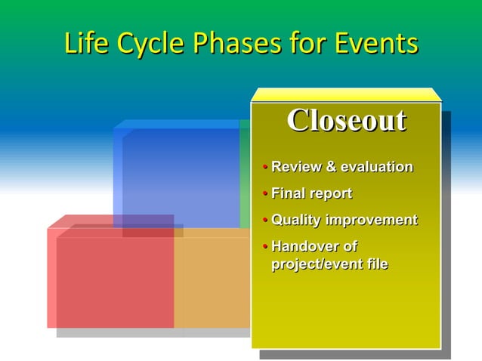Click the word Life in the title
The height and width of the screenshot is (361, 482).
85,43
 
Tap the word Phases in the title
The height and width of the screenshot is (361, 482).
228,43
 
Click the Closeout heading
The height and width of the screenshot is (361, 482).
346,120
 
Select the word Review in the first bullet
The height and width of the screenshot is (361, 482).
296,166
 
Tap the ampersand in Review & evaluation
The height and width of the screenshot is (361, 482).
330,166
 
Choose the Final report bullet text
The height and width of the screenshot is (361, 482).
311,193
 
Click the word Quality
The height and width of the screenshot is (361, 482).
296,221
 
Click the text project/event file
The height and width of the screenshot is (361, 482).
329,264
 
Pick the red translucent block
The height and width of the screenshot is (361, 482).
113,279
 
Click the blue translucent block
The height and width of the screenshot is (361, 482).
178,174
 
